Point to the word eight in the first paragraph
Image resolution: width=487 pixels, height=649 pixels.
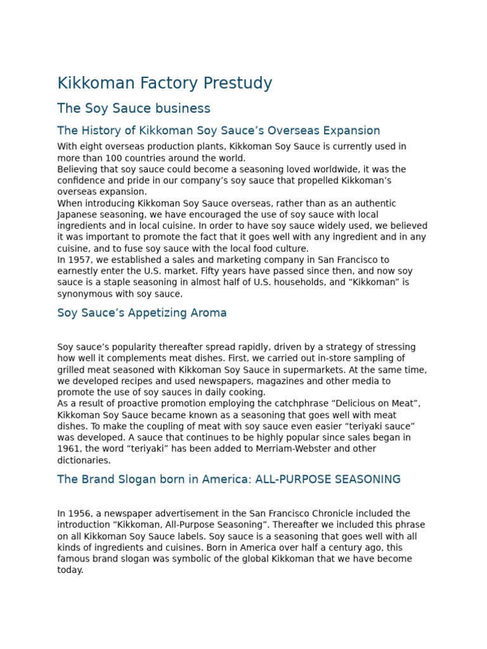click(x=92, y=146)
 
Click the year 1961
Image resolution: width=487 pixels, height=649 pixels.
click(x=67, y=449)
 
